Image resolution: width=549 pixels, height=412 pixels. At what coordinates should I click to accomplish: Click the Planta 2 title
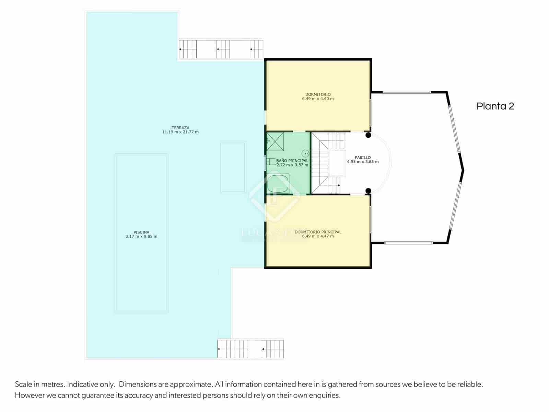(495, 106)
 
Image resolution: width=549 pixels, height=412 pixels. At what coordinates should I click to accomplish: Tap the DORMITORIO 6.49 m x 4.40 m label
(318, 96)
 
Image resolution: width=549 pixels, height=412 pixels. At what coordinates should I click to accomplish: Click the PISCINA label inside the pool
(141, 234)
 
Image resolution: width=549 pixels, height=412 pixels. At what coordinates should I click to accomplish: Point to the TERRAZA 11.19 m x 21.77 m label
(180, 130)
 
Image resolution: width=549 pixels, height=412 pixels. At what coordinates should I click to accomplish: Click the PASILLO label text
(363, 158)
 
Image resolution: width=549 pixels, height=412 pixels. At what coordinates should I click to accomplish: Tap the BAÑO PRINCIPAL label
(292, 161)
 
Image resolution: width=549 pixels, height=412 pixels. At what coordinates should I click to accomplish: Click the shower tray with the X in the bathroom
(275, 141)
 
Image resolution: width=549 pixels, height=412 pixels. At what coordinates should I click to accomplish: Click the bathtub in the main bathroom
(278, 184)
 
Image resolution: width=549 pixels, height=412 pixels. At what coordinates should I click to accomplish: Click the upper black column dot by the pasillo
(368, 135)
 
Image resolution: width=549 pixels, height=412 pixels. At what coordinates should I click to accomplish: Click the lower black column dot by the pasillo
(368, 191)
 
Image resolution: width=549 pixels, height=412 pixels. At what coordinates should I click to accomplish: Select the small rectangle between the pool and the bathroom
(233, 167)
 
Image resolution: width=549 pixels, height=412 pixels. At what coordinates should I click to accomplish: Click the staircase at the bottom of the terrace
(250, 349)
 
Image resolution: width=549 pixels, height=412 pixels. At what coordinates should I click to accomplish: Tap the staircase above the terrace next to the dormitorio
(221, 49)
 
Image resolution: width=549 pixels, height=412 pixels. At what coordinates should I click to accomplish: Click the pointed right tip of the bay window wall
(463, 170)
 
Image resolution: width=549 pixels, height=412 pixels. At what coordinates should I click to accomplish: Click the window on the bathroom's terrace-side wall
(265, 163)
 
